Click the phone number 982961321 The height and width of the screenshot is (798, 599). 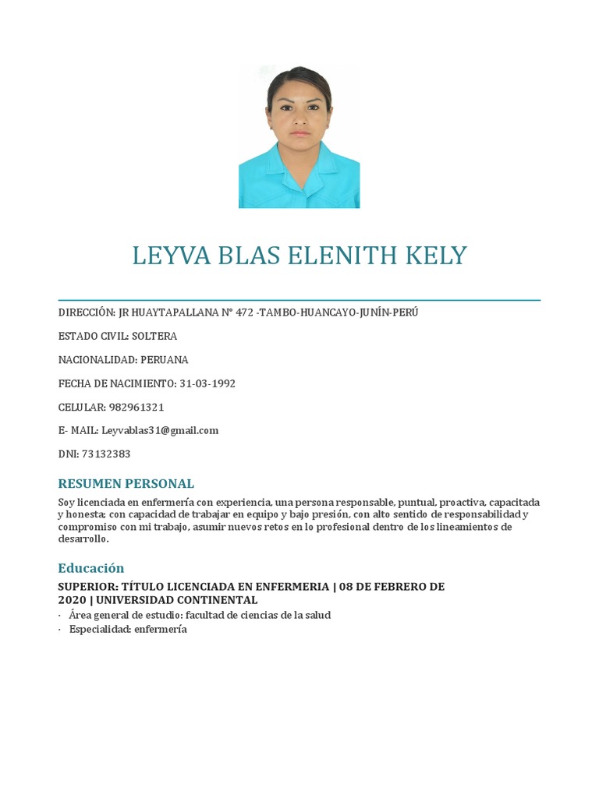[136, 407]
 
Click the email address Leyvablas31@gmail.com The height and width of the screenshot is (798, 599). [160, 430]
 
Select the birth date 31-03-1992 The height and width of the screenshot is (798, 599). [207, 383]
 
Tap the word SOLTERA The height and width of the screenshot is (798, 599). [154, 336]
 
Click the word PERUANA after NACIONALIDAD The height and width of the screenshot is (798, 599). [165, 360]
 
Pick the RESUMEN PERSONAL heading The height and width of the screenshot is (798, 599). [126, 483]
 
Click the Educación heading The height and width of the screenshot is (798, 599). [91, 568]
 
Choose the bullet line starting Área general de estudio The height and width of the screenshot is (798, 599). [200, 615]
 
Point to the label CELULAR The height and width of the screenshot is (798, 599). [82, 407]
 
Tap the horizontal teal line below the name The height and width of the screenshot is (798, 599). [299, 300]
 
